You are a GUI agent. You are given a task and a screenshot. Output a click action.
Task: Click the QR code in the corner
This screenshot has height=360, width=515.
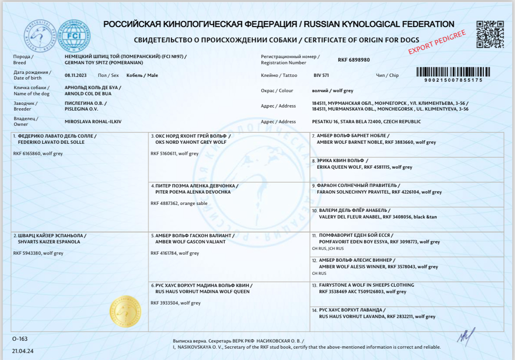[x=490, y=34]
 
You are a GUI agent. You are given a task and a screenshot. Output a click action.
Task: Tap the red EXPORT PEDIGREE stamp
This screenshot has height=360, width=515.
[x=437, y=42]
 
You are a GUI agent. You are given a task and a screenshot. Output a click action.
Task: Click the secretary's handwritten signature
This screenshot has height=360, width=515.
[x=465, y=336]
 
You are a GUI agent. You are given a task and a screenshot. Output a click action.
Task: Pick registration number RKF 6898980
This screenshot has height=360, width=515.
[x=354, y=60]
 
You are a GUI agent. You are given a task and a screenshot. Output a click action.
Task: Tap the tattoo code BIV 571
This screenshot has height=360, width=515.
[x=321, y=75]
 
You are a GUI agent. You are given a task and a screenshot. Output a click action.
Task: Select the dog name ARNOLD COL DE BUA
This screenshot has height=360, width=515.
[x=88, y=93]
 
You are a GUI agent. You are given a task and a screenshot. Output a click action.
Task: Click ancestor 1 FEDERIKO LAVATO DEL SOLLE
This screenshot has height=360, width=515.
[x=51, y=142]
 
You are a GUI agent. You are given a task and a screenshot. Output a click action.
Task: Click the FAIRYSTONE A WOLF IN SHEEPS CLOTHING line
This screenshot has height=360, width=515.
[x=366, y=285]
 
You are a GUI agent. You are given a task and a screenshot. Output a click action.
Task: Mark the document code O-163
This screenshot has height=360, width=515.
[x=20, y=339]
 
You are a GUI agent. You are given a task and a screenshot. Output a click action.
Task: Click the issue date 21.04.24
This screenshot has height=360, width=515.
[x=23, y=351]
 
